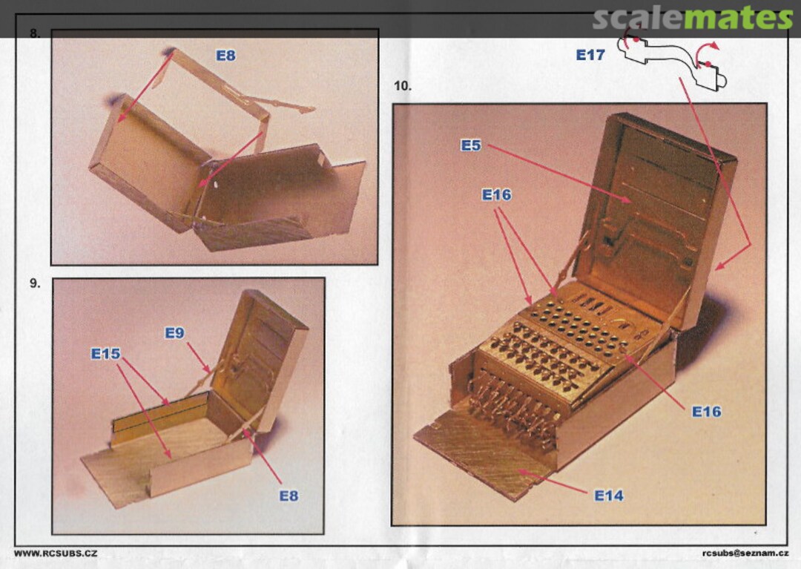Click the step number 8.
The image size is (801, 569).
click(x=34, y=33)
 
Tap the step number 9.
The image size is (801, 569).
click(x=35, y=283)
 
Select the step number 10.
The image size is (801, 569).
click(x=403, y=86)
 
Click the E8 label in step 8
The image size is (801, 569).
click(x=225, y=55)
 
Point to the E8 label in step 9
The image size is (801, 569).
click(x=289, y=496)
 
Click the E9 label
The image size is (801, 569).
click(x=174, y=333)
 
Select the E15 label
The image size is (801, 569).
click(x=106, y=353)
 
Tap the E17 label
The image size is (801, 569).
click(x=590, y=55)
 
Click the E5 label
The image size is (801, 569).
click(x=471, y=145)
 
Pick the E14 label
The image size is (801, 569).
click(x=609, y=495)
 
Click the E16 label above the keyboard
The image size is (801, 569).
click(x=496, y=194)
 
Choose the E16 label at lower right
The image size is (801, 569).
click(x=707, y=411)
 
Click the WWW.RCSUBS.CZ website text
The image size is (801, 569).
click(x=56, y=553)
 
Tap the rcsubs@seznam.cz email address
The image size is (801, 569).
click(x=745, y=553)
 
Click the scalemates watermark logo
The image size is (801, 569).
click(x=693, y=19)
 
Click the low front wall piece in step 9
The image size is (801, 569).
click(x=201, y=468)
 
